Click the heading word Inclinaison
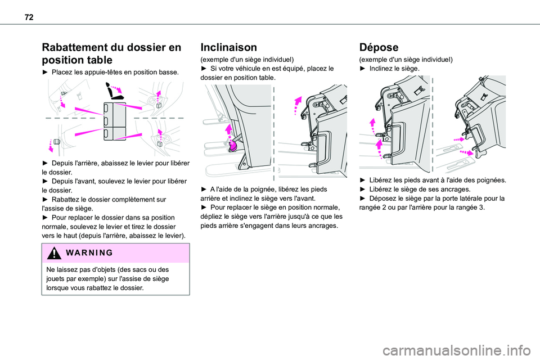pyautogui.click(x=232, y=48)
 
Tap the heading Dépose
pyautogui.click(x=379, y=48)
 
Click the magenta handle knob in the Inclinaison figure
pyautogui.click(x=233, y=147)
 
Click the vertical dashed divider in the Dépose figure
pyautogui.click(x=433, y=124)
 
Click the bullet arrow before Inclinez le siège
pyautogui.click(x=362, y=68)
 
